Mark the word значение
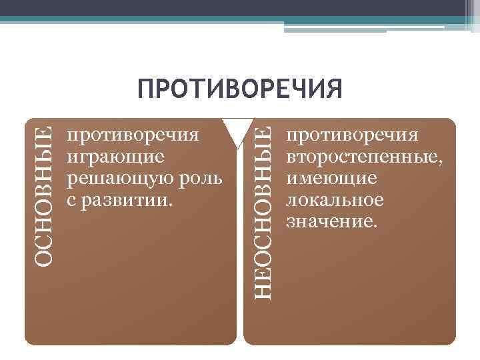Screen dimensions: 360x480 tap(331, 221)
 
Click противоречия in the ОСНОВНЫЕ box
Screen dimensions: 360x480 tap(133, 136)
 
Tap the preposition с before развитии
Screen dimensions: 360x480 tap(71, 201)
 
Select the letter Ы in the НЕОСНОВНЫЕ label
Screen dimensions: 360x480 tap(264, 153)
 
